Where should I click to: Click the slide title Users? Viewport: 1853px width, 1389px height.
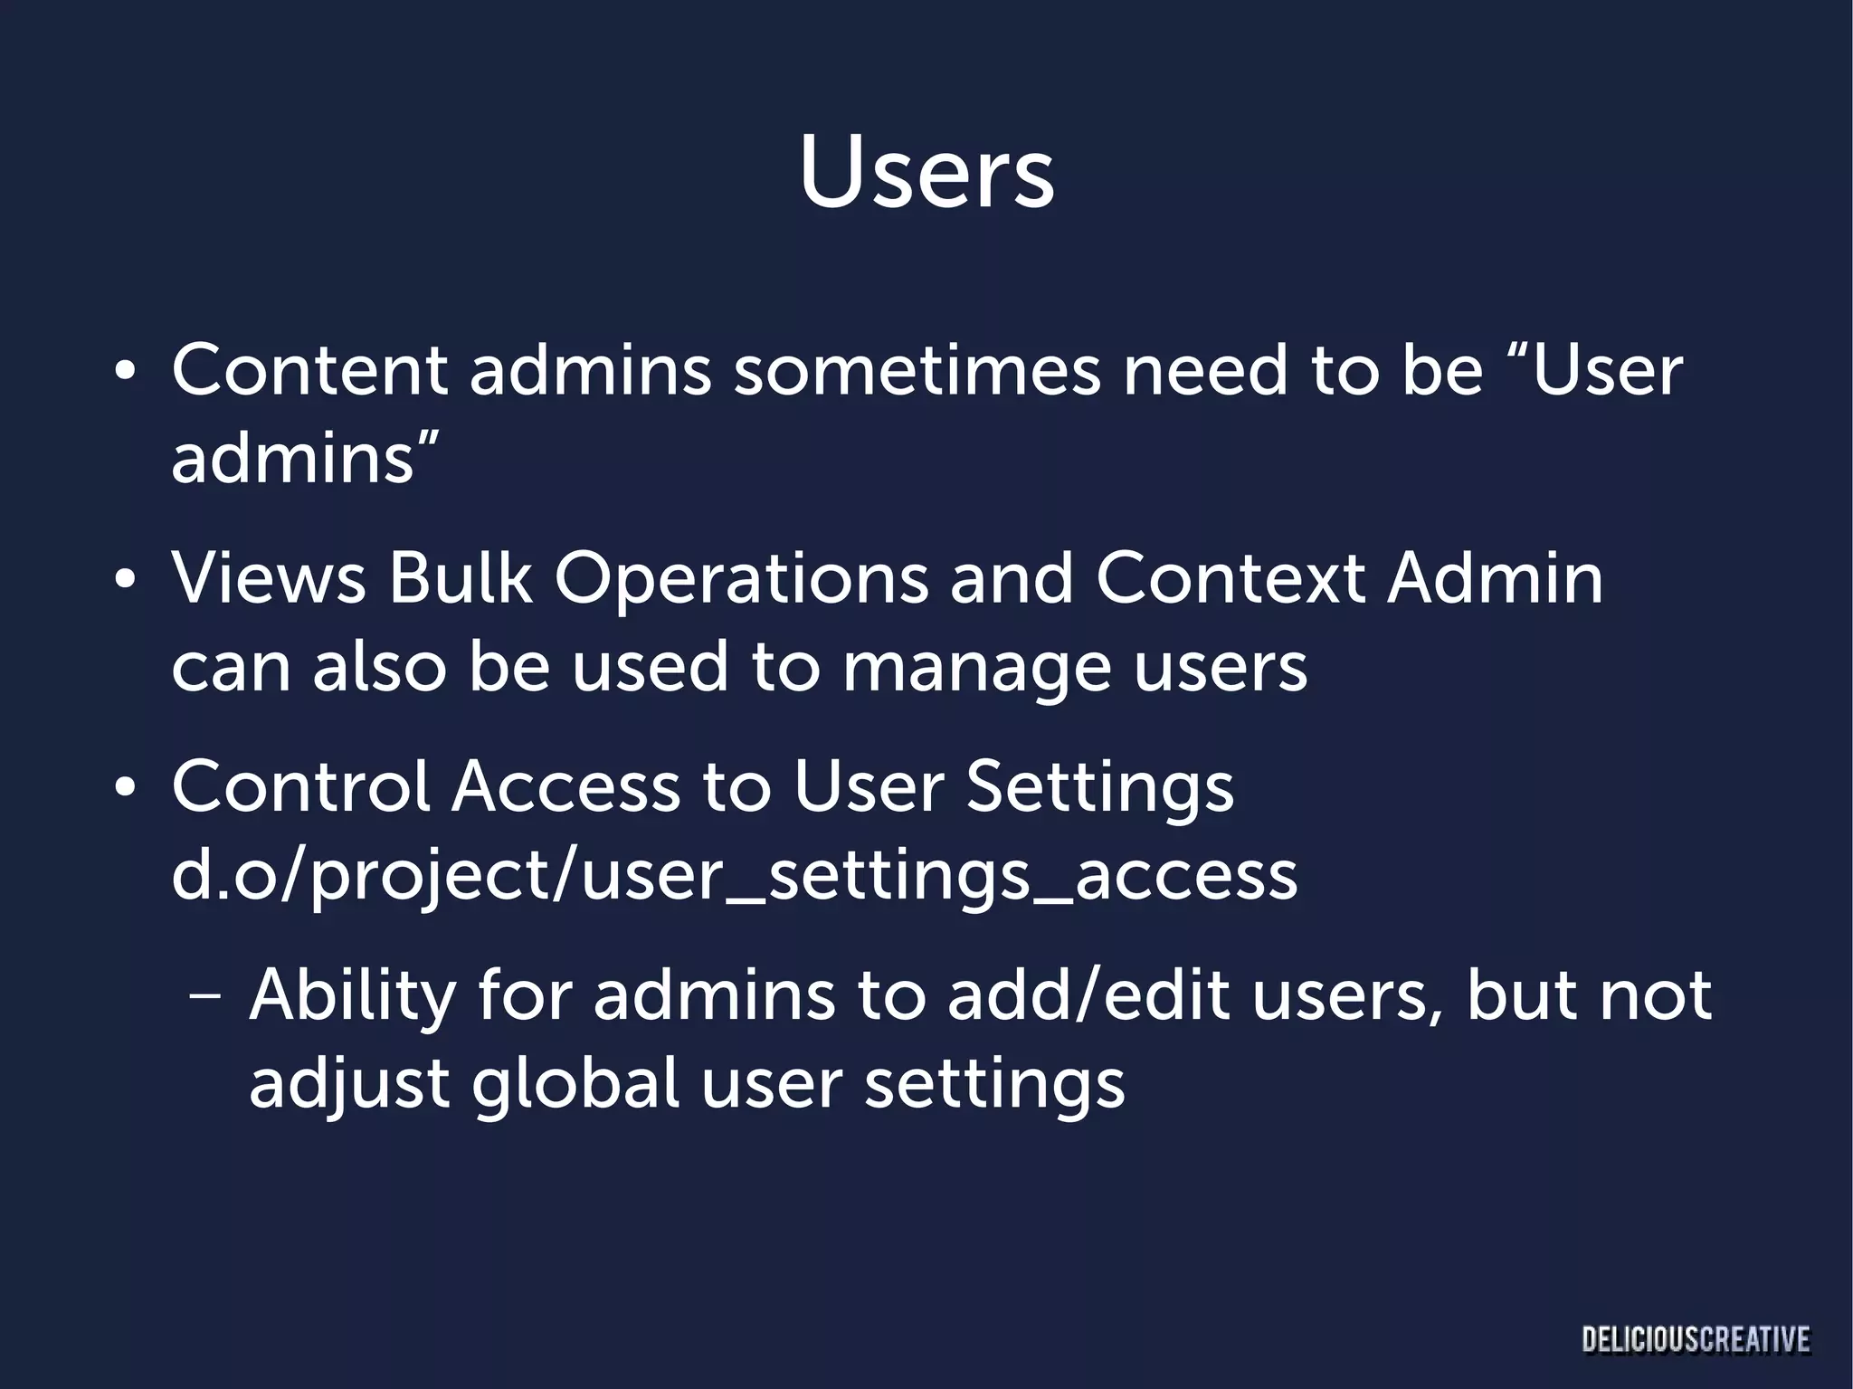tap(926, 173)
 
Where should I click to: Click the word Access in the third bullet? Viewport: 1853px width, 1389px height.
tap(565, 785)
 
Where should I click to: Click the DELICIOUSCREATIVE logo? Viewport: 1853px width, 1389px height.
tap(1696, 1338)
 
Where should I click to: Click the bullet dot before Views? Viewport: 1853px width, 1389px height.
tap(125, 578)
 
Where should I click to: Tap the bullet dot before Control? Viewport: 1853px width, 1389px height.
tap(125, 786)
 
